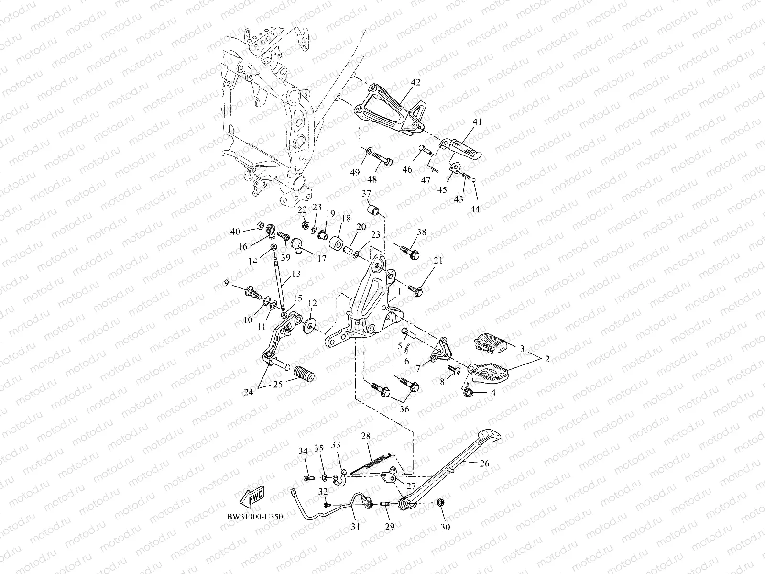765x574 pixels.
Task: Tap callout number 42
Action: (415, 82)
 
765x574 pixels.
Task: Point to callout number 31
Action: (354, 527)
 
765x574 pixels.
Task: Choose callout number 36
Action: (404, 409)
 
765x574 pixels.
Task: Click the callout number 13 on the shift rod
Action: (296, 274)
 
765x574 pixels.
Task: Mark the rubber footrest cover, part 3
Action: (492, 343)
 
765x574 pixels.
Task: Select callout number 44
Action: (475, 209)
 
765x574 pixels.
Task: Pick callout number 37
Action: (380, 193)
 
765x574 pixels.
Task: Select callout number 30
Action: (445, 528)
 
